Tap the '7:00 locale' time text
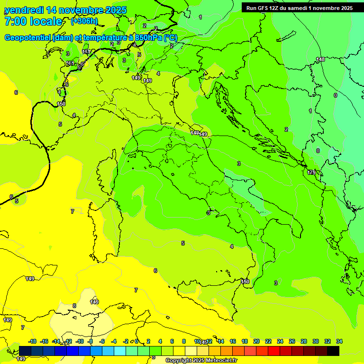(33, 21)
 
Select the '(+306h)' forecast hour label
(84, 21)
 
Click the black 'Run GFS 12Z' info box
(299, 8)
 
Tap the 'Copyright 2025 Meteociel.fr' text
(201, 361)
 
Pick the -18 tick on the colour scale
(33, 341)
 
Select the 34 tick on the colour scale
(339, 341)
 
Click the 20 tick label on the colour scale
(256, 341)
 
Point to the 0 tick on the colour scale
(136, 341)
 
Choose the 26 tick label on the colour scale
(291, 341)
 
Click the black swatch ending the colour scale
(333, 351)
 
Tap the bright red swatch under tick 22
(273, 351)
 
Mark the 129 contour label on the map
(311, 173)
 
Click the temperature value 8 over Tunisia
(74, 306)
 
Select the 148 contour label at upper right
(321, 59)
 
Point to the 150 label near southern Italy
(245, 282)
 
